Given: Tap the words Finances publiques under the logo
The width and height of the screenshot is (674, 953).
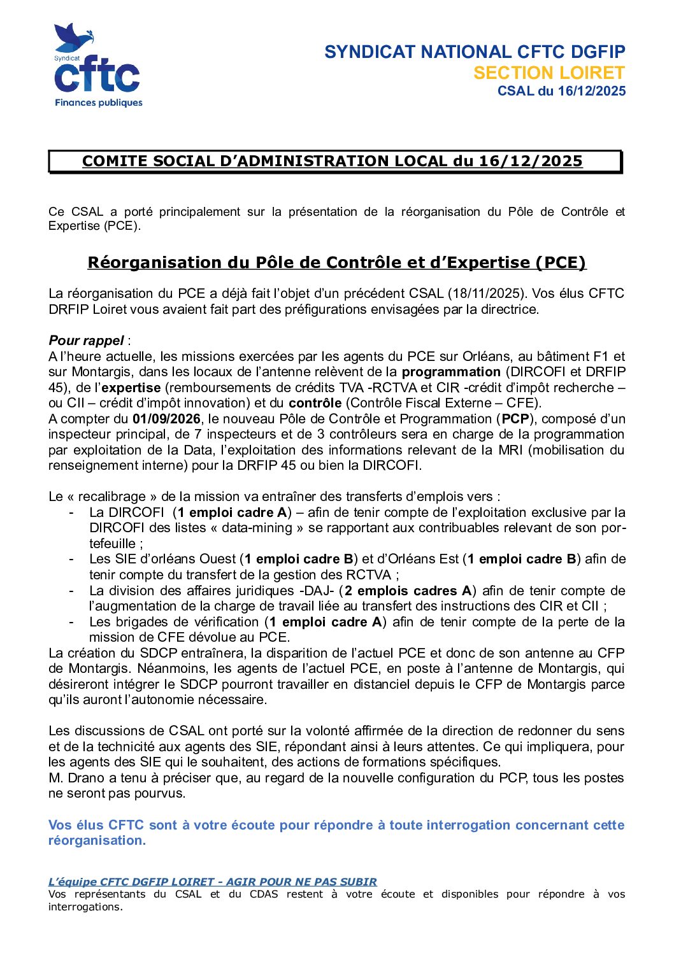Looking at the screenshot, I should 98,102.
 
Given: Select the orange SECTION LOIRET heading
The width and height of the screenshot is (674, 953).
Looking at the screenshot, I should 549,73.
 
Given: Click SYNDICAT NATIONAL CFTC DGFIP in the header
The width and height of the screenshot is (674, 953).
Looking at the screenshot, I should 475,52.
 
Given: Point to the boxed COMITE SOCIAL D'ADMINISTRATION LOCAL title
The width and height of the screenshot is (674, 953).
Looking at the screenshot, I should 332,161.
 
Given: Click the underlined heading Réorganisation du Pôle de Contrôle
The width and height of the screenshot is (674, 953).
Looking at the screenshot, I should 336,262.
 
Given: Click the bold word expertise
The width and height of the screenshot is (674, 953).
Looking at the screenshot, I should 131,388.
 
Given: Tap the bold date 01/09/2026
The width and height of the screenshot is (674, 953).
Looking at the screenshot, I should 166,419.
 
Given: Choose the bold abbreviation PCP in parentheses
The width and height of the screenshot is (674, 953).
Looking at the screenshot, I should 515,419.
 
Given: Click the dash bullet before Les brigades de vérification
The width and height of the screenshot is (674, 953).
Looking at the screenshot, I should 71,622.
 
